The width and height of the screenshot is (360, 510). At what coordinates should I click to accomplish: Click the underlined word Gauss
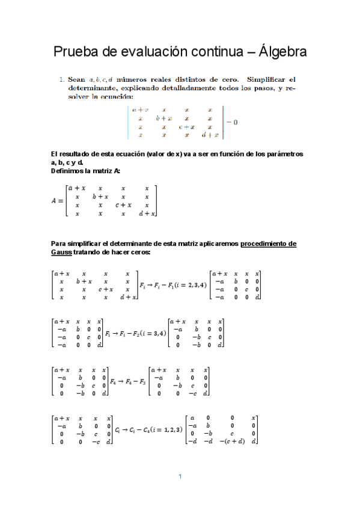tap(63, 252)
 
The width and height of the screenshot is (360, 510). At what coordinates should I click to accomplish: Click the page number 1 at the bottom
tap(180, 477)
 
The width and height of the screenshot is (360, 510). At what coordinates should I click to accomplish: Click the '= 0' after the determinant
tap(232, 123)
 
